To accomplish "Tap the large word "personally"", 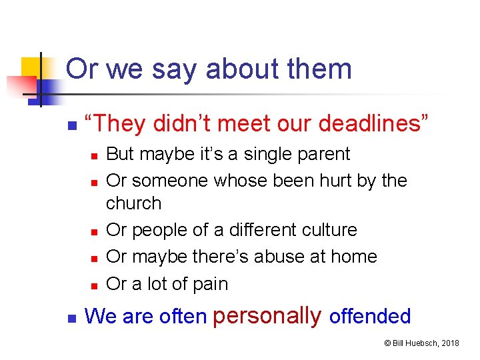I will click(267, 315).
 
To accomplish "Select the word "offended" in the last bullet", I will click(370, 316).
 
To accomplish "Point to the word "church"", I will click(134, 203).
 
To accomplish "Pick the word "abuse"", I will click(278, 257).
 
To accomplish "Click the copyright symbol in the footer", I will click(387, 343).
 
